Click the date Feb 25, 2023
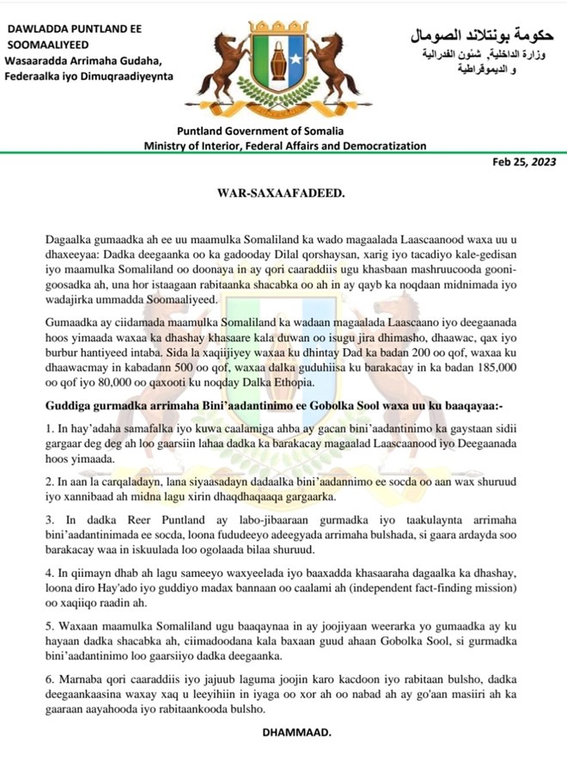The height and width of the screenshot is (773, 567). pyautogui.click(x=525, y=162)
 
